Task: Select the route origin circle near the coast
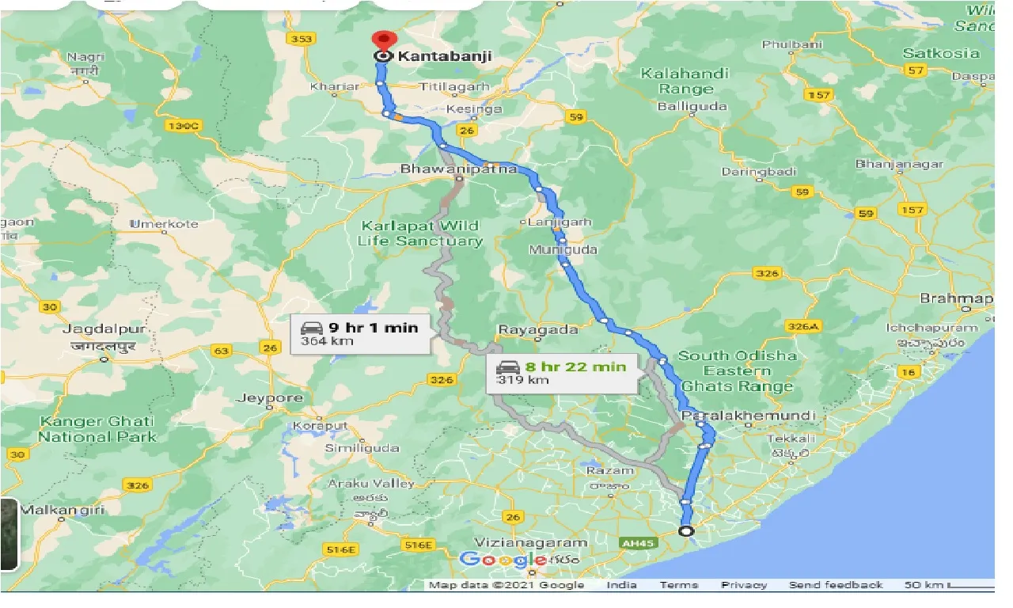point(686,531)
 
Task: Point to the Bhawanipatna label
point(458,169)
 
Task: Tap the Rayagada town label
point(528,329)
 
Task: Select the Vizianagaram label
point(531,542)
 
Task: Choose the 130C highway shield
point(184,125)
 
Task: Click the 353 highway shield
point(302,39)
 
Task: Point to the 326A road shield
point(804,326)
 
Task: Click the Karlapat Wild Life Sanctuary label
point(419,234)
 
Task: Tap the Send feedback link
point(835,585)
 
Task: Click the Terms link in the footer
point(678,585)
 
